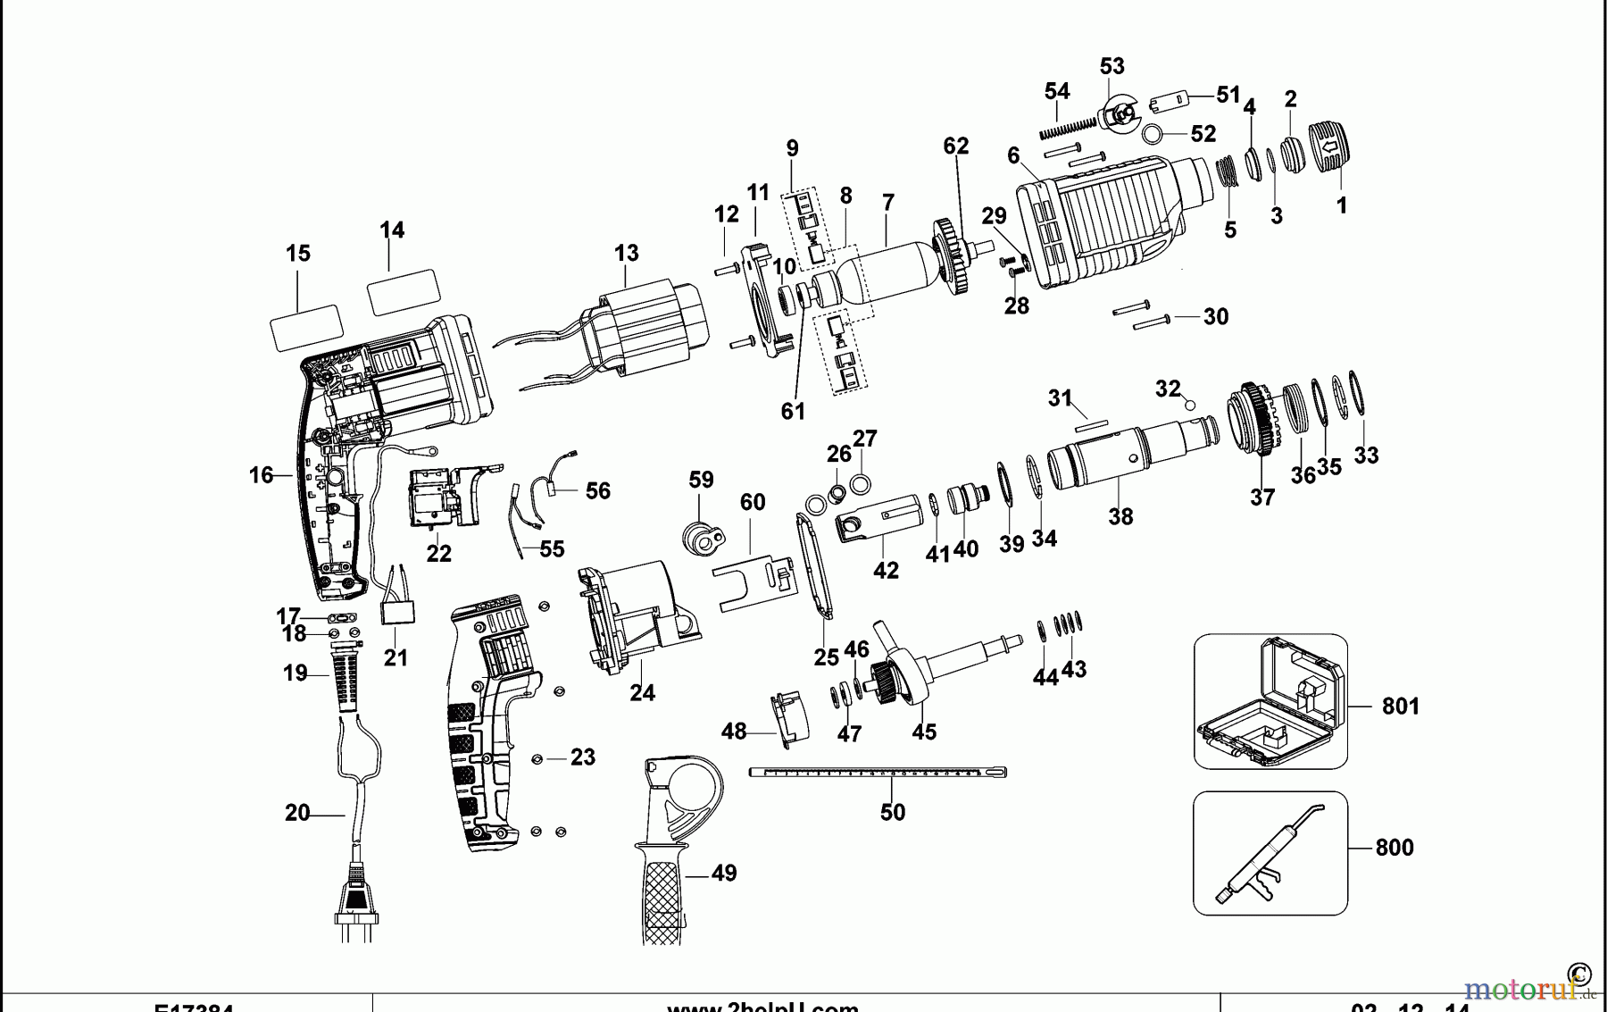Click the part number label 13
(626, 253)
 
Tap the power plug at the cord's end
(357, 898)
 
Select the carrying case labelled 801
(1270, 702)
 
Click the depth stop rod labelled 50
(879, 772)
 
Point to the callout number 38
(1120, 516)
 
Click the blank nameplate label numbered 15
(306, 327)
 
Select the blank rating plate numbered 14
(404, 292)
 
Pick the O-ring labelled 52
(1153, 134)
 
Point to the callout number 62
(955, 146)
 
